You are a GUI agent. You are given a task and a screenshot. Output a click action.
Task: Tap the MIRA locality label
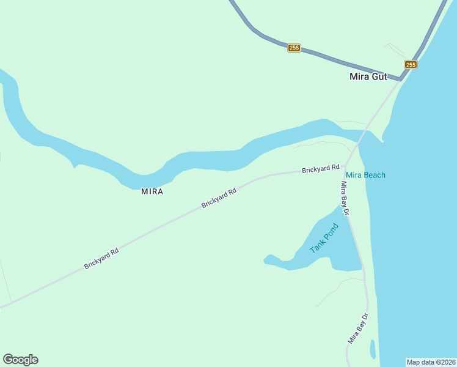pos(152,191)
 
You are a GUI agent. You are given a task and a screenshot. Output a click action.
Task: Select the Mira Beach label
pos(365,175)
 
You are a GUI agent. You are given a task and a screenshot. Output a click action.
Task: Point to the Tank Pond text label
pos(323,239)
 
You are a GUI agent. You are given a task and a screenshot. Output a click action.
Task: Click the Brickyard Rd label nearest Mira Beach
pos(320,169)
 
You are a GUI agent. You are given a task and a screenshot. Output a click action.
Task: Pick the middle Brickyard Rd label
pos(219,199)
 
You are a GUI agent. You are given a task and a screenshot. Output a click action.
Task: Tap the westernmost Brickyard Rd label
pos(101,259)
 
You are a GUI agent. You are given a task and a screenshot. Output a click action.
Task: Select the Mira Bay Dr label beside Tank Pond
pos(344,198)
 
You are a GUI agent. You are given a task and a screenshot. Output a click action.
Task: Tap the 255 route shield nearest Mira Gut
pos(411,64)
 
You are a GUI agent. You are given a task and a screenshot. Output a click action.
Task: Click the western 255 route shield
pos(294,48)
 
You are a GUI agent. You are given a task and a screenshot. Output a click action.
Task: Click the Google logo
pos(20,360)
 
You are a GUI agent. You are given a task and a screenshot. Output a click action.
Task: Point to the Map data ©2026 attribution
pos(431,362)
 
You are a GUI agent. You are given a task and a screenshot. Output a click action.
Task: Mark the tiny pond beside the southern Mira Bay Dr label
pos(373,349)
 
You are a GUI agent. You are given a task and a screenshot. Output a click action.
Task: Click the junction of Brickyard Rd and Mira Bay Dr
pos(345,166)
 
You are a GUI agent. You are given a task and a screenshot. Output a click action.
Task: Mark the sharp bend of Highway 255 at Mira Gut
pos(400,78)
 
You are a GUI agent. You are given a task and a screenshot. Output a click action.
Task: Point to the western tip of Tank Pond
pos(265,261)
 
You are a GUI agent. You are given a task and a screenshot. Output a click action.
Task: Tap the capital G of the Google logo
pos(7,360)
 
